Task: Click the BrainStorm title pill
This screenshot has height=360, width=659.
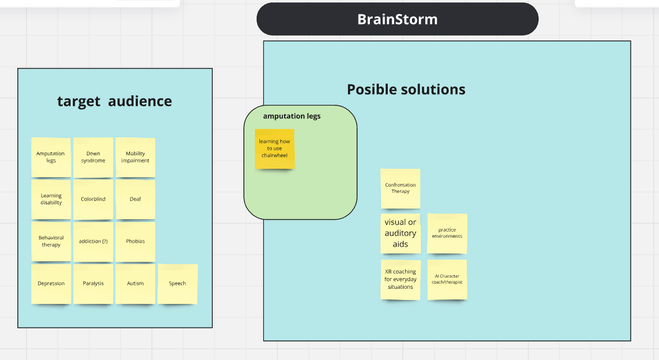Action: [x=397, y=19]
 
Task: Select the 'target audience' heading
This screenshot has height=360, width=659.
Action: [x=114, y=101]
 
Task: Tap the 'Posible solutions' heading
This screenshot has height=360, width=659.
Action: [x=406, y=89]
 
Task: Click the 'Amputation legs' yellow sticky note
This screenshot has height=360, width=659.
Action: [x=51, y=157]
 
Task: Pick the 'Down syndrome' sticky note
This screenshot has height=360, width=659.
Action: [x=93, y=157]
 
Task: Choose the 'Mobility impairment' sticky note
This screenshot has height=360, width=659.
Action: [x=135, y=157]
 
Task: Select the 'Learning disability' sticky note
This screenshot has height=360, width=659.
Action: [x=51, y=199]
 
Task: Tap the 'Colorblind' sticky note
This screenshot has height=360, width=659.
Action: [x=93, y=199]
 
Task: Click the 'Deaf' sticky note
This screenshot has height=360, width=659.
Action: [x=135, y=199]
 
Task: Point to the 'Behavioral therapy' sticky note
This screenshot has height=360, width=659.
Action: [x=51, y=241]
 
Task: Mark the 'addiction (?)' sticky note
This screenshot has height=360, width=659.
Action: [x=93, y=241]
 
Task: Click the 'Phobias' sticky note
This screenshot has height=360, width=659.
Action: [x=135, y=241]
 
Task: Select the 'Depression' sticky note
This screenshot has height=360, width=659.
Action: [x=51, y=284]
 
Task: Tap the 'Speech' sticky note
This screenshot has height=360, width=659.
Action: [x=178, y=284]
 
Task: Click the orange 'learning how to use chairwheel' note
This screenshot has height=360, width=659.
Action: [x=275, y=149]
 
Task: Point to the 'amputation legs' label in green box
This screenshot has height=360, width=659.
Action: [x=291, y=117]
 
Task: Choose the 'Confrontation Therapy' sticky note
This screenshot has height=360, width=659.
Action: [x=400, y=188]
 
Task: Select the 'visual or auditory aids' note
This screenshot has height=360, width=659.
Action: [x=400, y=233]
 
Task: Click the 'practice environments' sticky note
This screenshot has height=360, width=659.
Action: [x=447, y=233]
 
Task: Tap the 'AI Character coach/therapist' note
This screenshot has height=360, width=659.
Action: [x=447, y=279]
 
